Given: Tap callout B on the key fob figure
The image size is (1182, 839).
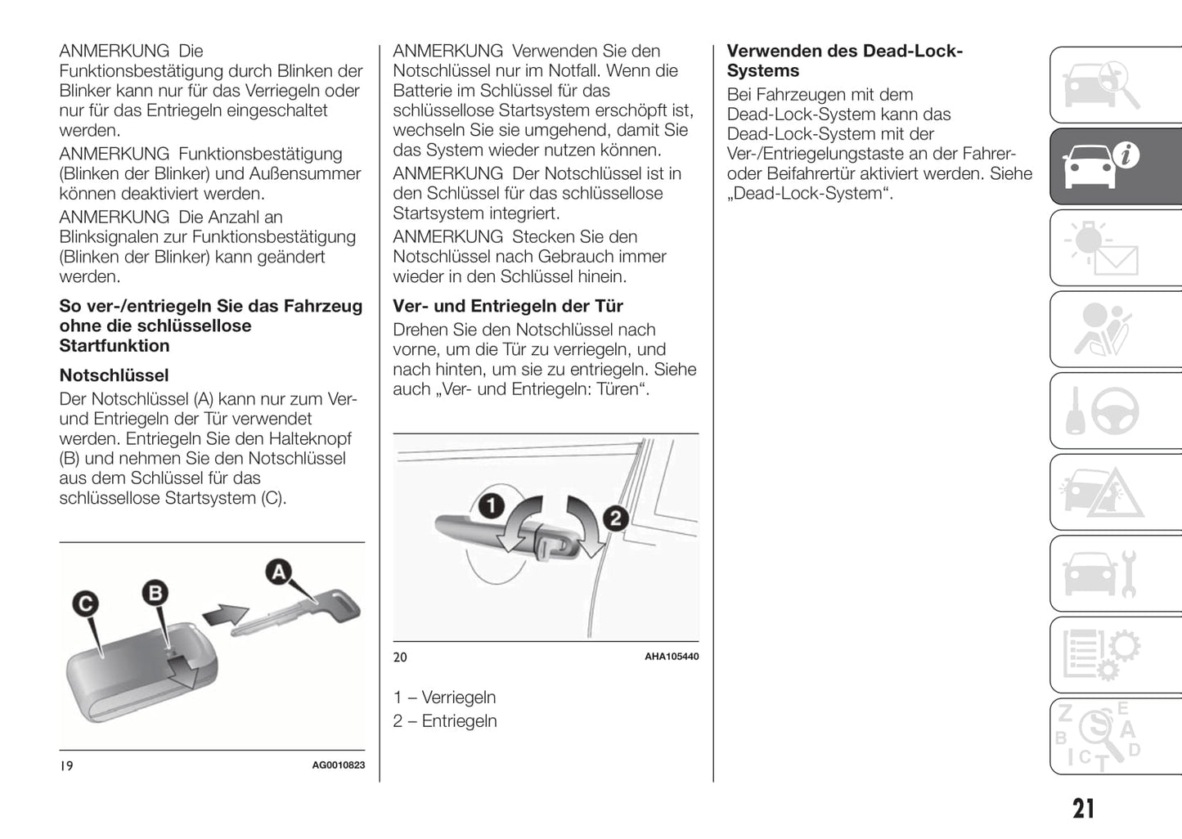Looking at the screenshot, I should coord(155,592).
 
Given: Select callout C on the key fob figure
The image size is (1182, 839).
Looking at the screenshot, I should coord(85,604).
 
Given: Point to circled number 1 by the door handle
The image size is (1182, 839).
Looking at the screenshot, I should coord(491,505).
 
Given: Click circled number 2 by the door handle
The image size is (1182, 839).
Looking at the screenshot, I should coord(615,518).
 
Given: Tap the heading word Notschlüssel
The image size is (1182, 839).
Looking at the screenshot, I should coord(114,375).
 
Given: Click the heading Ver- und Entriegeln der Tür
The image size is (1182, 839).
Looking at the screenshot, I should coord(507,306).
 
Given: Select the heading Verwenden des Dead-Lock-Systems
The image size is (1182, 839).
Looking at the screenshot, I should coord(844,61).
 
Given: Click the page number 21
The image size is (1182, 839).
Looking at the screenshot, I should coord(1083,809).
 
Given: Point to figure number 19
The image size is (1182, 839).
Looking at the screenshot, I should coord(67,765).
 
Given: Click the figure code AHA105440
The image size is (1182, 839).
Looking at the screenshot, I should coord(671,657).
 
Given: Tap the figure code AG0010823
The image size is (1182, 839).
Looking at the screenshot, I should coord(338,765).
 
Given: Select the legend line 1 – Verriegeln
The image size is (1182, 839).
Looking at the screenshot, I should coord(444,698).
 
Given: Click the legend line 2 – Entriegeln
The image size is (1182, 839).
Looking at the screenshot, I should coord(444,721).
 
